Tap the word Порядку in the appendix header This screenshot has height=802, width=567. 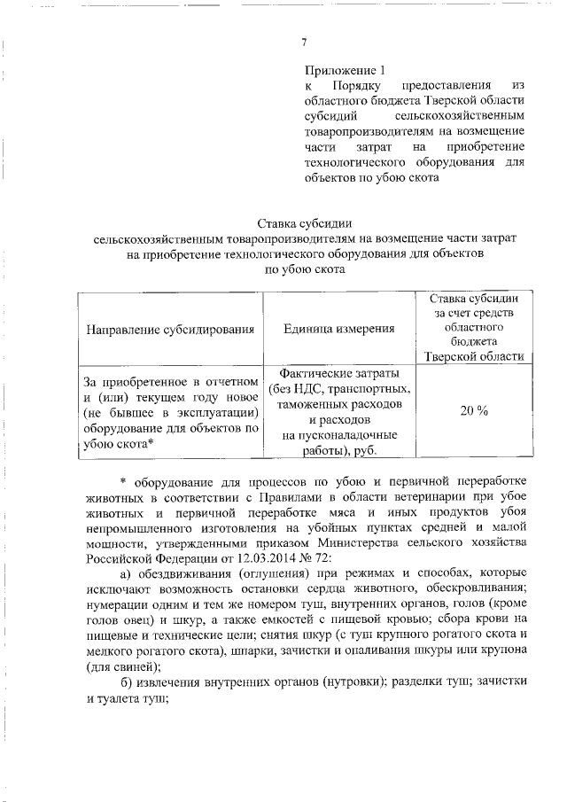tap(359, 85)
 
